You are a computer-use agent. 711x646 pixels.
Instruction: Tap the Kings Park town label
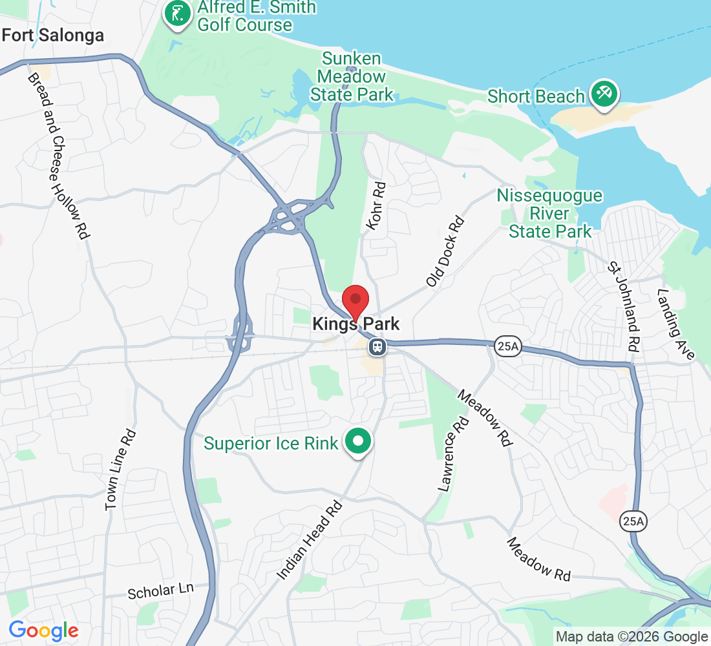356,324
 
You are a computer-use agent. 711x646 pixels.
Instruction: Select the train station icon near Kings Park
377,348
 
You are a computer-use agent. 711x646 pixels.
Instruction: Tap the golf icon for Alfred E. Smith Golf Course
177,13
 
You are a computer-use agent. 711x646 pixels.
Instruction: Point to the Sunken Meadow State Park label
352,77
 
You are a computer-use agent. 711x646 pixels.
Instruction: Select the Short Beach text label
536,97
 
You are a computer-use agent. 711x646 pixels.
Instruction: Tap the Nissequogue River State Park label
549,213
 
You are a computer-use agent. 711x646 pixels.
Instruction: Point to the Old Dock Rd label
446,252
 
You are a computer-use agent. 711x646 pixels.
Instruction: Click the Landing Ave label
675,324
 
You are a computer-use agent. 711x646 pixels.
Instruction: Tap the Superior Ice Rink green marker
357,442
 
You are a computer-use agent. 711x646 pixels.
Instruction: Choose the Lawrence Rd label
452,454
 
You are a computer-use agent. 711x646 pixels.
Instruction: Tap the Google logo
43,630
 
